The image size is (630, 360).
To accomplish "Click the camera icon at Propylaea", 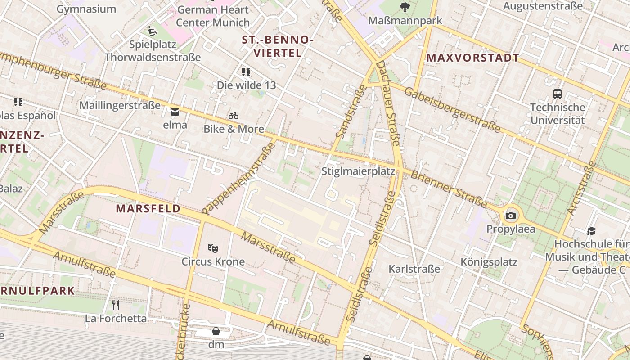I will [510, 216].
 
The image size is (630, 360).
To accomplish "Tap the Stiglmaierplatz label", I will [358, 171].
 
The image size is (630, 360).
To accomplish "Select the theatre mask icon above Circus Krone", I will [213, 247].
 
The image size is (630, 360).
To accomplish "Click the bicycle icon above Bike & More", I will [233, 116].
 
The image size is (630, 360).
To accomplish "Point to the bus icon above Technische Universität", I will [558, 94].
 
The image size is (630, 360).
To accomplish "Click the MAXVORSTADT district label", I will [472, 58].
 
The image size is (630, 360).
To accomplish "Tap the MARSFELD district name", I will [148, 209].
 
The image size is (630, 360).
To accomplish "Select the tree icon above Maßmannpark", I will [405, 7].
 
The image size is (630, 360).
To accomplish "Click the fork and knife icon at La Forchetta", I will [116, 305].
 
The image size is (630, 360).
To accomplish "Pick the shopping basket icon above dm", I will [216, 332].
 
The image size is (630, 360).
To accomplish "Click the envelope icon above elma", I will [175, 112].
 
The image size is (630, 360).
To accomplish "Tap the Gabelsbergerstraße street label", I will [452, 110].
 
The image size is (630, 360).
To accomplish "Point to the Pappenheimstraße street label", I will [239, 176].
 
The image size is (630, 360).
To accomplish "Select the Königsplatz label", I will [489, 262].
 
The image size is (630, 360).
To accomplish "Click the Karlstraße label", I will [414, 269].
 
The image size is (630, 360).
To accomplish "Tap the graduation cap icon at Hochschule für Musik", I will [591, 231].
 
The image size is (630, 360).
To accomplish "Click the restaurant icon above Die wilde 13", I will [246, 72].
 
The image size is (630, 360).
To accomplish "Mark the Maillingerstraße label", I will [120, 105].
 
